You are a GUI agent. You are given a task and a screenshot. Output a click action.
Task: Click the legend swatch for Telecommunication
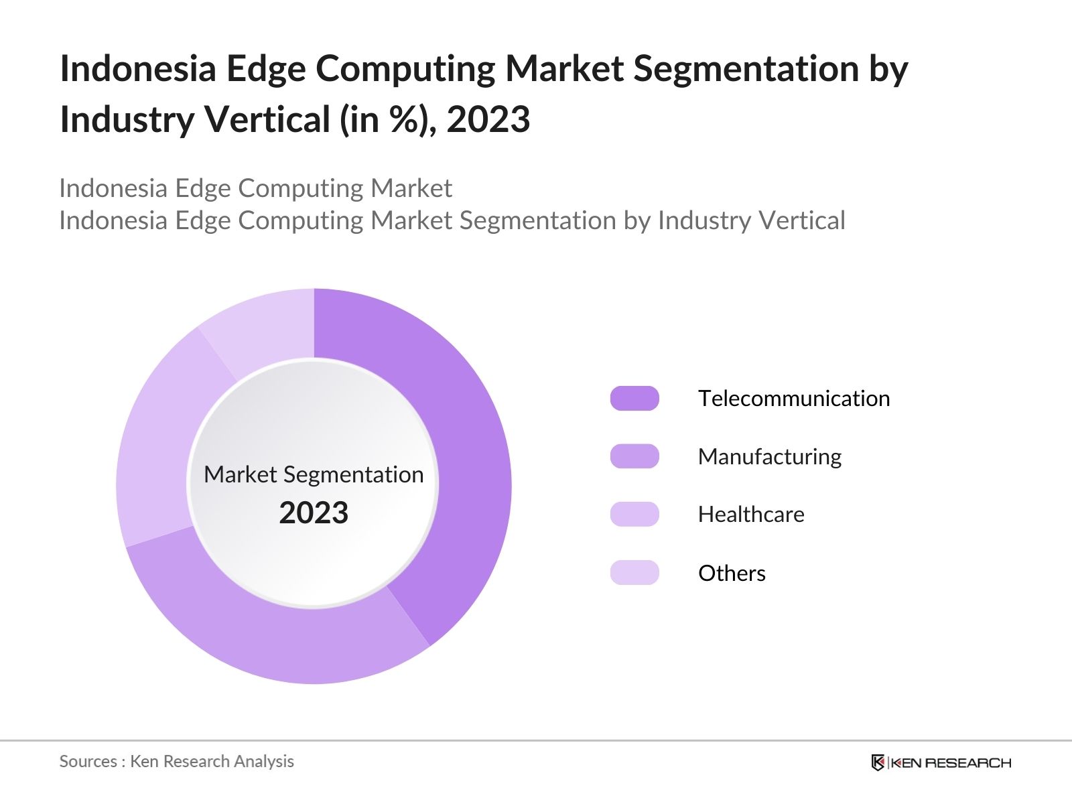(x=634, y=398)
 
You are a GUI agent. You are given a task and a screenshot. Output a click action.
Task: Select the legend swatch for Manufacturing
(x=634, y=456)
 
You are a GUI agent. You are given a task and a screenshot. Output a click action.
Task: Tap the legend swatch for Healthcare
(x=634, y=514)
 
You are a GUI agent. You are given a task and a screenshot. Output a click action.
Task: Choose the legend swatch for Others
(x=634, y=573)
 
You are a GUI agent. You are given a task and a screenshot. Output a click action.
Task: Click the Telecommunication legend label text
(x=794, y=398)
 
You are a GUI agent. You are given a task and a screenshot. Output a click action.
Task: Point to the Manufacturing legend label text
(x=769, y=456)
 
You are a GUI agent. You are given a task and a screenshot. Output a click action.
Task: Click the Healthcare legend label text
(x=751, y=514)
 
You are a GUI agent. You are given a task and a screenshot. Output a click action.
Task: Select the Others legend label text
(x=732, y=573)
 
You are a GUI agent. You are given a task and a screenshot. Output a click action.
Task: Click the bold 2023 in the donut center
(x=314, y=513)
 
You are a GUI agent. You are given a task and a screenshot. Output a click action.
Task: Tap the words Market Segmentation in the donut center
(x=314, y=474)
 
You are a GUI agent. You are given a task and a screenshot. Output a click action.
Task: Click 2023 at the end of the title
(x=488, y=120)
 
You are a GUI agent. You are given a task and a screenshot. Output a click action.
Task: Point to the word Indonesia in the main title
(x=137, y=68)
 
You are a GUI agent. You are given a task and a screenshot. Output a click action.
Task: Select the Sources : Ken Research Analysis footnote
(x=176, y=761)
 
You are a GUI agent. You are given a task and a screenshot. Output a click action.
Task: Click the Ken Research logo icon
(x=878, y=762)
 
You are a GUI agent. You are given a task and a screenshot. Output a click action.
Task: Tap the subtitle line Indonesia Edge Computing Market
(x=255, y=188)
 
